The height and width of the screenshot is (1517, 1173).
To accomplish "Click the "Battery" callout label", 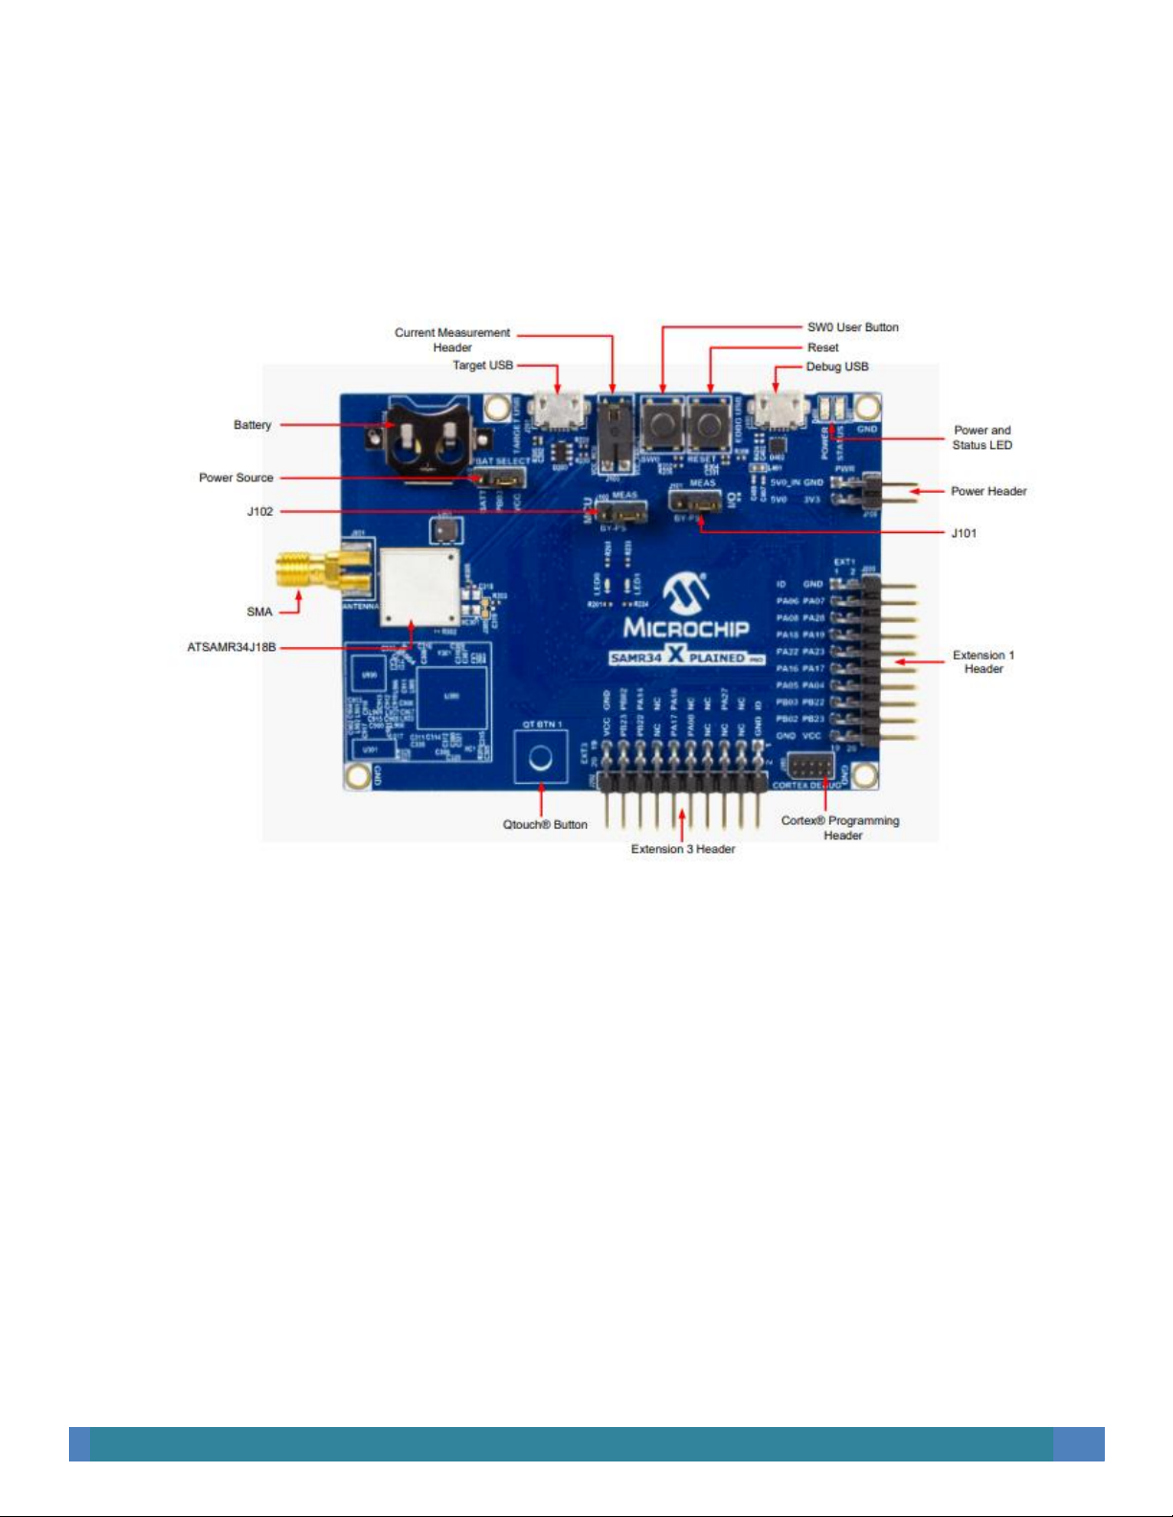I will coord(252,425).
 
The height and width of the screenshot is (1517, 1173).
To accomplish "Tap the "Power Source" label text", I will coord(236,478).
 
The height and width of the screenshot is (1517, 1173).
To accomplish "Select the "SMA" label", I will coord(259,612).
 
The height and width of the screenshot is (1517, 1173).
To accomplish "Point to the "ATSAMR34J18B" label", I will coord(231,648).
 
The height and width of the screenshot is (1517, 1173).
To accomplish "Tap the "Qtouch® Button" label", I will coord(545,825).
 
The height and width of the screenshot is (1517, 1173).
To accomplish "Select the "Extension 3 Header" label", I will coord(683,850).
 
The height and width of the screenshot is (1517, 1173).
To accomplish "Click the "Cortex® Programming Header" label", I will coord(841,828).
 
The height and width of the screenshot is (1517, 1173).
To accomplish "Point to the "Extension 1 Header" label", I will coord(983,662).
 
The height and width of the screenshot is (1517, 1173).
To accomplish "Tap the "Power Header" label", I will coord(988,492).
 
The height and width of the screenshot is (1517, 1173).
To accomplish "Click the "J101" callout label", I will coord(963,533).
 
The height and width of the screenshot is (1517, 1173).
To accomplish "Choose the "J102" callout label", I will coord(259,512).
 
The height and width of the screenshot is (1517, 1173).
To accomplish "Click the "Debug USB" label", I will coord(837,367).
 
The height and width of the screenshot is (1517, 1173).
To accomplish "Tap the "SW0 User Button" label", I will coord(852,327).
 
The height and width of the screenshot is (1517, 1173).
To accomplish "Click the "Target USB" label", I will coord(483,366).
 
